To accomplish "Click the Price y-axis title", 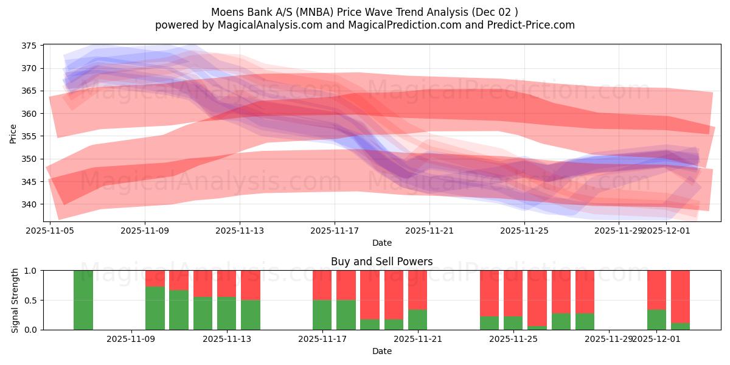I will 13,133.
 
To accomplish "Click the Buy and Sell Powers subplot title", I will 381,262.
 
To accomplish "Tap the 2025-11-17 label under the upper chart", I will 335,231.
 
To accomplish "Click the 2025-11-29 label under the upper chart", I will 619,231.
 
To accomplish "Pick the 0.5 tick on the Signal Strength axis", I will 31,301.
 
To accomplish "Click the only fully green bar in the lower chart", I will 83,300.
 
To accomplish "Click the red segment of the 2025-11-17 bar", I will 322,285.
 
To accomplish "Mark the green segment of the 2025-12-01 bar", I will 656,320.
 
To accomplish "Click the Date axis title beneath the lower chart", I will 381,351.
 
